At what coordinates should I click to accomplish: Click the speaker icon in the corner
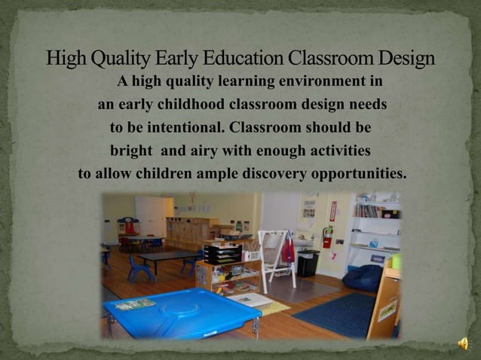pyautogui.click(x=463, y=343)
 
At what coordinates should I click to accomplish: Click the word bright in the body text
pyautogui.click(x=131, y=151)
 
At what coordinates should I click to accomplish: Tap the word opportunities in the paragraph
pyautogui.click(x=357, y=174)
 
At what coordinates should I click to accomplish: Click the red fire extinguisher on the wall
pyautogui.click(x=327, y=236)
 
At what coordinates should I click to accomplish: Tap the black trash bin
pyautogui.click(x=307, y=263)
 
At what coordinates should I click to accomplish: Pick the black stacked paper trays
pyautogui.click(x=223, y=255)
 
